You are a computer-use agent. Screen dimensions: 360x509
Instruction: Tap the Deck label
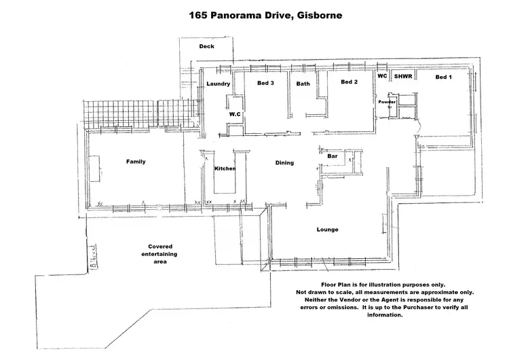click(206, 47)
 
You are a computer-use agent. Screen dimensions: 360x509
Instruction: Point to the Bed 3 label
click(265, 84)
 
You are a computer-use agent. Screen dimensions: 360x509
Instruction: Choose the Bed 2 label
click(349, 82)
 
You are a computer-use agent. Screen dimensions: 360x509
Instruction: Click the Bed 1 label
click(443, 77)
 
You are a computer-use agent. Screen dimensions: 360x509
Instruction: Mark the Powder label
click(387, 101)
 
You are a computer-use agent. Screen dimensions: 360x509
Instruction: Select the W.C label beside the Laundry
click(235, 115)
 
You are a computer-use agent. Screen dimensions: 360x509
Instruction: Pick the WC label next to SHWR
click(382, 77)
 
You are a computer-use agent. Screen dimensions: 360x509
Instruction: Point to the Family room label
click(136, 162)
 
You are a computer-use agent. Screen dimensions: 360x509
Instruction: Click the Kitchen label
click(225, 168)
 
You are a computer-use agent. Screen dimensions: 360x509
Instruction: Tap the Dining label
click(284, 163)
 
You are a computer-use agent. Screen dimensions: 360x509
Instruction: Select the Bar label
click(333, 156)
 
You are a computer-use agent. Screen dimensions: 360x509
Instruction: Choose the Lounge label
click(327, 230)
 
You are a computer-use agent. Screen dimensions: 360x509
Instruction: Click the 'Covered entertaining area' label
click(160, 254)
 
